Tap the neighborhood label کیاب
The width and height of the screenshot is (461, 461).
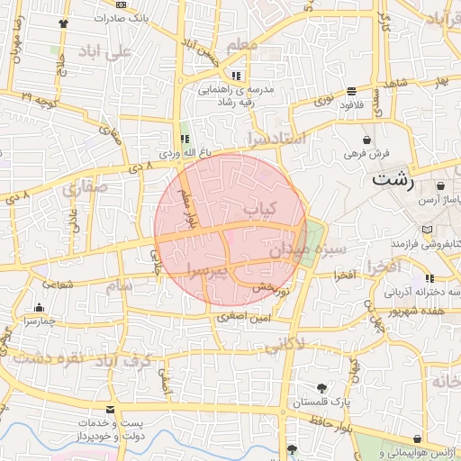258,207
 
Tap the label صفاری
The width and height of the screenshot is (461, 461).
85,188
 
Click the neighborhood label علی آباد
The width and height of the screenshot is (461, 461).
105,50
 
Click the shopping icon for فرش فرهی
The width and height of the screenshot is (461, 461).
367,140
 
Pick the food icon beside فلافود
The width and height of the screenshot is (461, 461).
350,91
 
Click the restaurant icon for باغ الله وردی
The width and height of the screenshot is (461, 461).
185,140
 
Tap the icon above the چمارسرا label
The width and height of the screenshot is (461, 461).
39,307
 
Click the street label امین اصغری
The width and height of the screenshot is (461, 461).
248,317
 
